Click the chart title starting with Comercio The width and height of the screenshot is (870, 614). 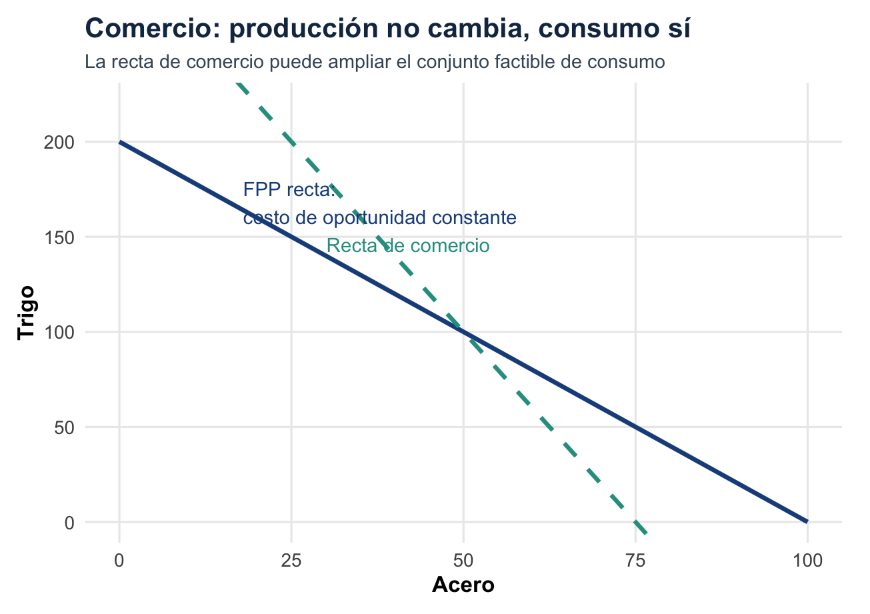click(388, 29)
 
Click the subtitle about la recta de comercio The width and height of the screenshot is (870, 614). click(375, 63)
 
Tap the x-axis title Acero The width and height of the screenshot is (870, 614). click(463, 585)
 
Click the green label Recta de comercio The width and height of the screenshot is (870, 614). click(408, 246)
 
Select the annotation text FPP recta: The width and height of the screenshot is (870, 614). click(289, 190)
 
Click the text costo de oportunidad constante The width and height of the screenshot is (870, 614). click(379, 218)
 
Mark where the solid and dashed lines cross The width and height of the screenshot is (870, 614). click(463, 332)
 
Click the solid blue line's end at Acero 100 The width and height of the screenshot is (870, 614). click(807, 521)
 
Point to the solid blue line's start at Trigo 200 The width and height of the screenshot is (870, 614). click(120, 142)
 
